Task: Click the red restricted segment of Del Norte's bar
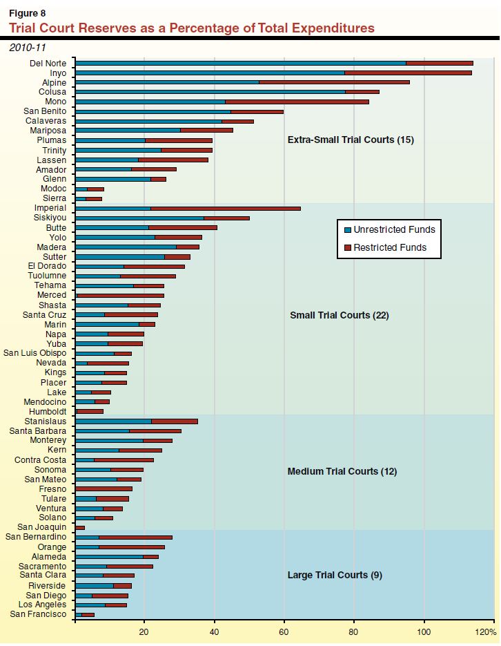pyautogui.click(x=439, y=63)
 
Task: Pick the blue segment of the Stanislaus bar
pyautogui.click(x=113, y=421)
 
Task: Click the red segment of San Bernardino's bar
pyautogui.click(x=135, y=537)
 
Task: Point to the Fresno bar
pyautogui.click(x=104, y=488)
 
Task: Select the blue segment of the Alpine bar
pyautogui.click(x=166, y=82)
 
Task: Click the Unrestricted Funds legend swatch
pyautogui.click(x=346, y=230)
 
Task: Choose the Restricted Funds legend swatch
pyautogui.click(x=346, y=247)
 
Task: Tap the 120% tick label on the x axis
pyautogui.click(x=485, y=632)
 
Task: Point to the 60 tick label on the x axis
pyautogui.click(x=284, y=632)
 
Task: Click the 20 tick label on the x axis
pyautogui.click(x=144, y=632)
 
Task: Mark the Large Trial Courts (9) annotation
pyautogui.click(x=334, y=575)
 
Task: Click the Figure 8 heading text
pyautogui.click(x=25, y=12)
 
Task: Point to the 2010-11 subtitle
pyautogui.click(x=26, y=48)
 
